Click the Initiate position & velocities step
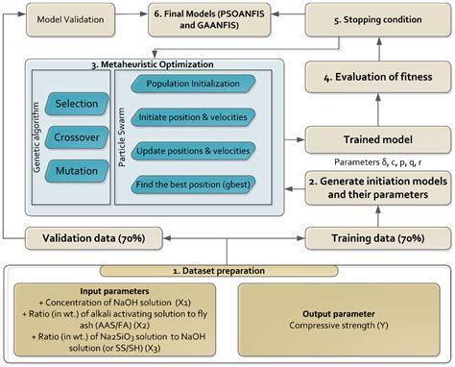point(195,118)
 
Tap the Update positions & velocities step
point(195,151)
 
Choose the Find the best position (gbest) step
point(195,183)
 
